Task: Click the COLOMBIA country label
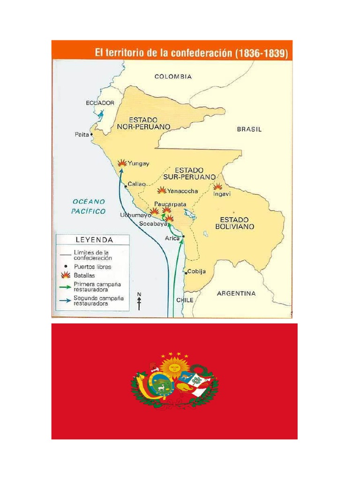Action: click(173, 76)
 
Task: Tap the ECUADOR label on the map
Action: click(100, 102)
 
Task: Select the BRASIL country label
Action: click(249, 129)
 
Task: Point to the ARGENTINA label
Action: click(236, 293)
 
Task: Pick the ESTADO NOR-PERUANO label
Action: click(143, 123)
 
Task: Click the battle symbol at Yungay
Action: click(122, 163)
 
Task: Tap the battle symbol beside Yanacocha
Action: click(162, 190)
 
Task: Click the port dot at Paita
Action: click(92, 134)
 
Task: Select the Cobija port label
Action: click(196, 272)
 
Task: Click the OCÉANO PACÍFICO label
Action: click(89, 206)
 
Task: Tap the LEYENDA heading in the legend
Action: click(94, 240)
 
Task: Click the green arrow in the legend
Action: click(65, 286)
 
